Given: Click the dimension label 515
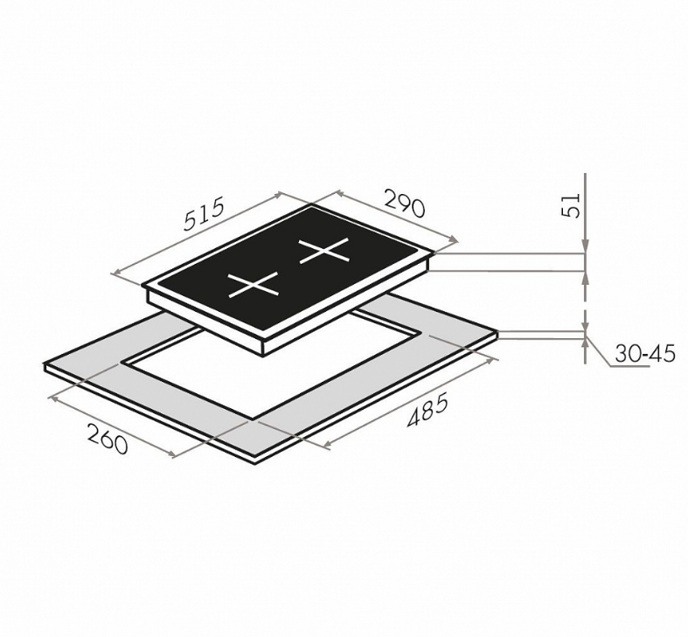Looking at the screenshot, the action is pos(204,214).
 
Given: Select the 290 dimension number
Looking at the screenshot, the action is pos(405,203).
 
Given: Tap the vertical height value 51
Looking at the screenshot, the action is pos(571,204).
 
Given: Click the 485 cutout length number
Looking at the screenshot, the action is pos(427,410).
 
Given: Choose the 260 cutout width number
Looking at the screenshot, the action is pos(108,439).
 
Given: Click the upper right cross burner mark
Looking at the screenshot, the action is pos(324,251).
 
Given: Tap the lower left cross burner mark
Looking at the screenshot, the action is pos(254,284).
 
